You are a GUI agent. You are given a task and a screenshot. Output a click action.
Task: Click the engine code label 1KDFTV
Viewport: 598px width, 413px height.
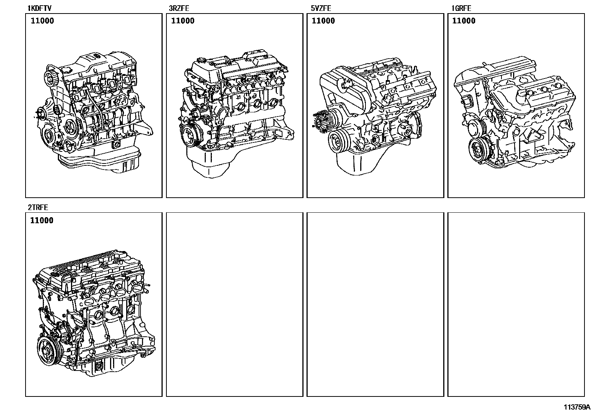[x=39, y=8]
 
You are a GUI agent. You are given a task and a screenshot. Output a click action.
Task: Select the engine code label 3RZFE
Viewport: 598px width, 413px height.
[x=179, y=8]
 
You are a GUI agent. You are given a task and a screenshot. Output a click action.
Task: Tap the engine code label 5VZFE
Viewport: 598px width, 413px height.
[x=321, y=8]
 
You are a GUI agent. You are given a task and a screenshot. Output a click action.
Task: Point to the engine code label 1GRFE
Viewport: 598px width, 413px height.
[x=461, y=8]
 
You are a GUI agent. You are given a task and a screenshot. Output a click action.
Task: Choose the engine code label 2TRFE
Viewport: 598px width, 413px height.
[x=38, y=207]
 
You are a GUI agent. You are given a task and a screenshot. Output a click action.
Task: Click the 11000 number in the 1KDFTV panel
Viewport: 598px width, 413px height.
[x=42, y=21]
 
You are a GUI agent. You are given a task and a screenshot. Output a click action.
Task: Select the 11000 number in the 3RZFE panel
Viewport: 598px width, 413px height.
[x=183, y=21]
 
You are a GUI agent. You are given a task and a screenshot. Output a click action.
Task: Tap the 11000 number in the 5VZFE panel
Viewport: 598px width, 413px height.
[x=323, y=21]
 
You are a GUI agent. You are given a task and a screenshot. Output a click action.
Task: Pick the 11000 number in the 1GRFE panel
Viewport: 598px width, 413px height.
[x=464, y=21]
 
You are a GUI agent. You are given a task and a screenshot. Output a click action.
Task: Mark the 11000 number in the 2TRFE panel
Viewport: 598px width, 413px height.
[x=42, y=220]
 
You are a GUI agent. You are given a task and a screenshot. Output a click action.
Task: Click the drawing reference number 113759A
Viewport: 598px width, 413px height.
[x=577, y=407]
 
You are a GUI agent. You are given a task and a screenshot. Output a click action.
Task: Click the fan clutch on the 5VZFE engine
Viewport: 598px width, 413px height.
[x=323, y=122]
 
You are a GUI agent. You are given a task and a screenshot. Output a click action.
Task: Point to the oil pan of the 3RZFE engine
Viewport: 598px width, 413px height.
[x=211, y=163]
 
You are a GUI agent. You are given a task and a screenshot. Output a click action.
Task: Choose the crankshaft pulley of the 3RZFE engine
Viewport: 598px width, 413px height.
[x=192, y=135]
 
